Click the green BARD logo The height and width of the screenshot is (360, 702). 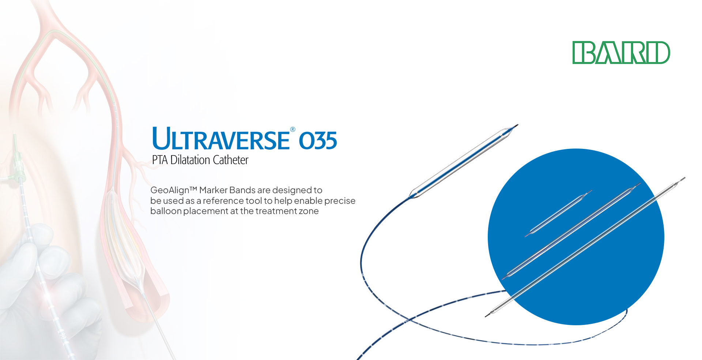621,53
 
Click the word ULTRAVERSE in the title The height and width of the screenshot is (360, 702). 221,139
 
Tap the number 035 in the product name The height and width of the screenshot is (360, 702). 318,141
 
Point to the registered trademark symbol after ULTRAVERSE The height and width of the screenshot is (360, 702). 292,129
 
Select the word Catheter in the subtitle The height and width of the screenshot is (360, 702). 231,160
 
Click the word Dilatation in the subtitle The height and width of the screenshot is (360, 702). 190,160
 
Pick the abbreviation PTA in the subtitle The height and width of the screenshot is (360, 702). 160,160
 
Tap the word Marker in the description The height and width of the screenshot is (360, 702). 213,190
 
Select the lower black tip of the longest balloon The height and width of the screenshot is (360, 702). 488,315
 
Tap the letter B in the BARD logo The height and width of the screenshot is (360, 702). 584,53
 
